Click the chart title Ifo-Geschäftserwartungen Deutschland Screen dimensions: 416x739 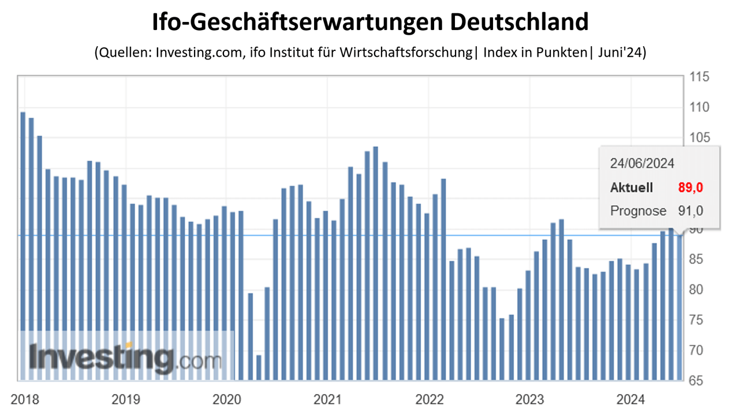point(369,23)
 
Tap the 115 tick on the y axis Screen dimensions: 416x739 point(694,77)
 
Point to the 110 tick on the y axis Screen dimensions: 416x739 point(694,107)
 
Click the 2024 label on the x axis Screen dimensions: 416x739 point(631,399)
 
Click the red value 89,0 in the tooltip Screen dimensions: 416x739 point(690,187)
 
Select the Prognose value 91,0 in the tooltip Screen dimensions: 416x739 point(690,211)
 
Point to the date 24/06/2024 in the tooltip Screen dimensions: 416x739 point(642,164)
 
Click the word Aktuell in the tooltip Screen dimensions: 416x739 point(632,187)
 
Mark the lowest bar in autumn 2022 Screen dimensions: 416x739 point(502,349)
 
